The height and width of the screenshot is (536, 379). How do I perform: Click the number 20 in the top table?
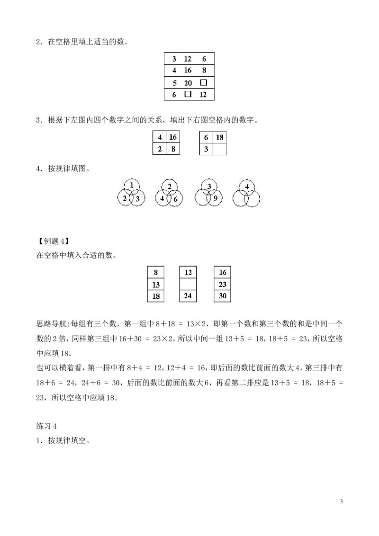pyautogui.click(x=188, y=83)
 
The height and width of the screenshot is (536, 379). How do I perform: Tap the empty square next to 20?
pyautogui.click(x=204, y=83)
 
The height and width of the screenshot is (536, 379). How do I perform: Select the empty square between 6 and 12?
pyautogui.click(x=188, y=94)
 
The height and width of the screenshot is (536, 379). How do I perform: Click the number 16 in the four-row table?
pyautogui.click(x=188, y=71)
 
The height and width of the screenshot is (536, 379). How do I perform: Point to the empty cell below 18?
pyautogui.click(x=219, y=149)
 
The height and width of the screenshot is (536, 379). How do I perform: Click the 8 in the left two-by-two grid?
pyautogui.click(x=173, y=149)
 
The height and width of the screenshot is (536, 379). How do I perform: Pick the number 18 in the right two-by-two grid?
pyautogui.click(x=220, y=137)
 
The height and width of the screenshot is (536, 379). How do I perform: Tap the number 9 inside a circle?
pyautogui.click(x=216, y=198)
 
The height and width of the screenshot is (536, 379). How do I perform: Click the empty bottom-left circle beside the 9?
pyautogui.click(x=195, y=198)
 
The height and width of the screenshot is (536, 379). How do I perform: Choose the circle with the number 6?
pyautogui.click(x=182, y=198)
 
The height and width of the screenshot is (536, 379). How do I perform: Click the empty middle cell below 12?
pyautogui.click(x=188, y=285)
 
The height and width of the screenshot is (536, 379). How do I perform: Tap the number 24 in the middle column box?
pyautogui.click(x=188, y=295)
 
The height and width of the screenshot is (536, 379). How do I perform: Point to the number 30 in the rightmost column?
pyautogui.click(x=223, y=295)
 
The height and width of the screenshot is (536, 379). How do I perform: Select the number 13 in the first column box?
pyautogui.click(x=156, y=285)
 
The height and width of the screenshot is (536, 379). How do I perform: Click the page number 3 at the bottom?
pyautogui.click(x=342, y=501)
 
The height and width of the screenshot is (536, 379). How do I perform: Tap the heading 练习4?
pyautogui.click(x=46, y=426)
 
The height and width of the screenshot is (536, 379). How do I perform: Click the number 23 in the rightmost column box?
pyautogui.click(x=223, y=285)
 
